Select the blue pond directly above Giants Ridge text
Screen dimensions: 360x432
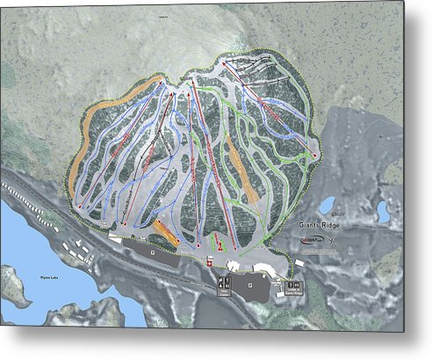pos(327,205)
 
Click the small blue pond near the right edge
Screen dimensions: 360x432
pos(383,212)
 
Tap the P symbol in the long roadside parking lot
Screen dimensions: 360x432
pos(152,249)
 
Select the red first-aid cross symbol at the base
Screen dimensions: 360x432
pos(209,261)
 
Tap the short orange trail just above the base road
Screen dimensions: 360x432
pos(164,231)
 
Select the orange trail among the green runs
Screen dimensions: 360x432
pos(241,167)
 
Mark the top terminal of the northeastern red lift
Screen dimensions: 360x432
pos(226,63)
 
